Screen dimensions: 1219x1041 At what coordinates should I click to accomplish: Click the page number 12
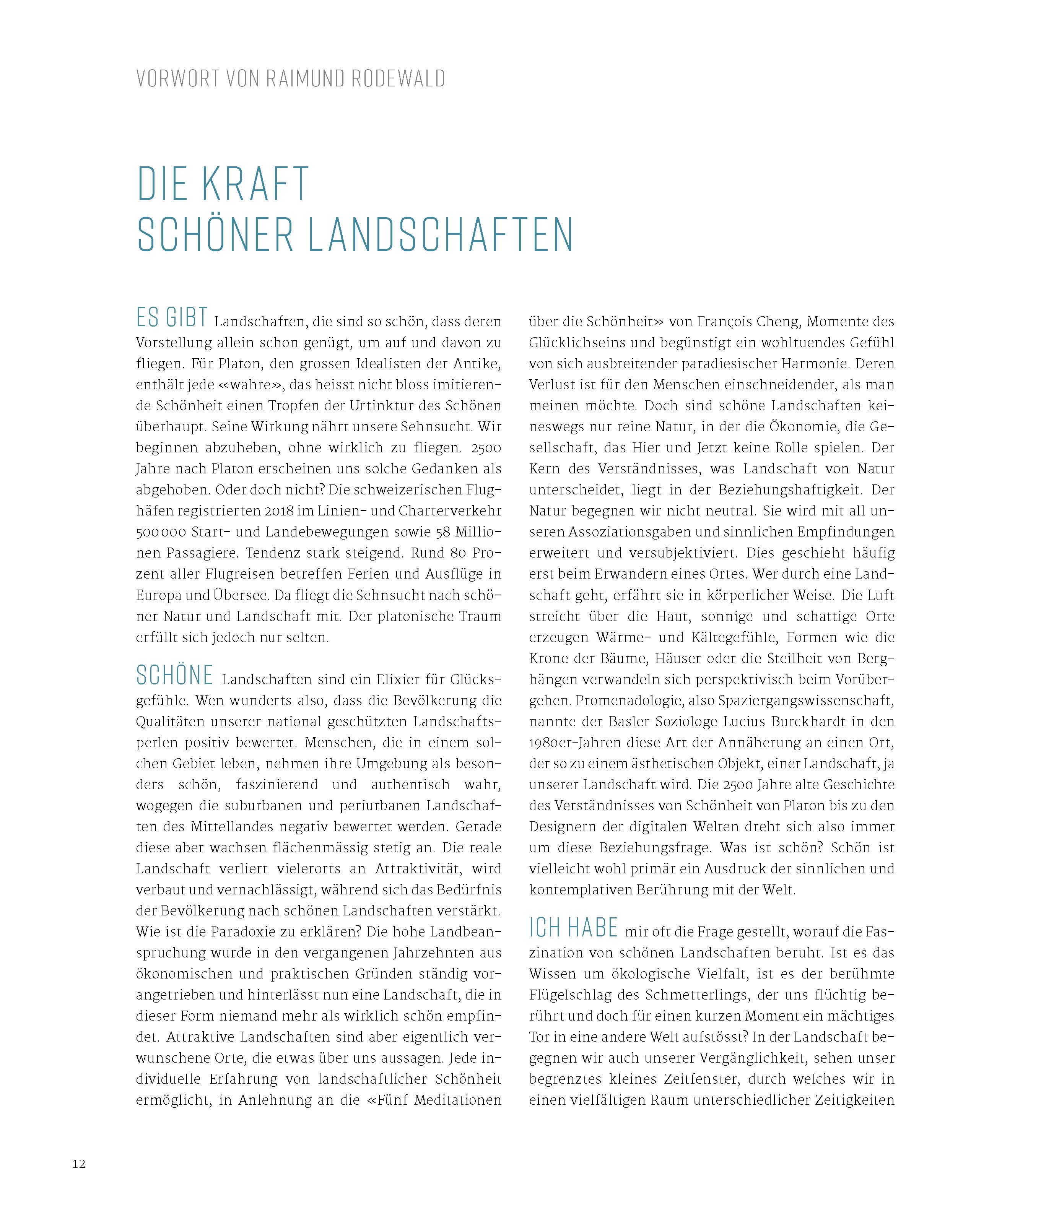click(x=79, y=1164)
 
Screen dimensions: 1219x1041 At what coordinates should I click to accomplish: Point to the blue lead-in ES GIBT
click(x=172, y=318)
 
